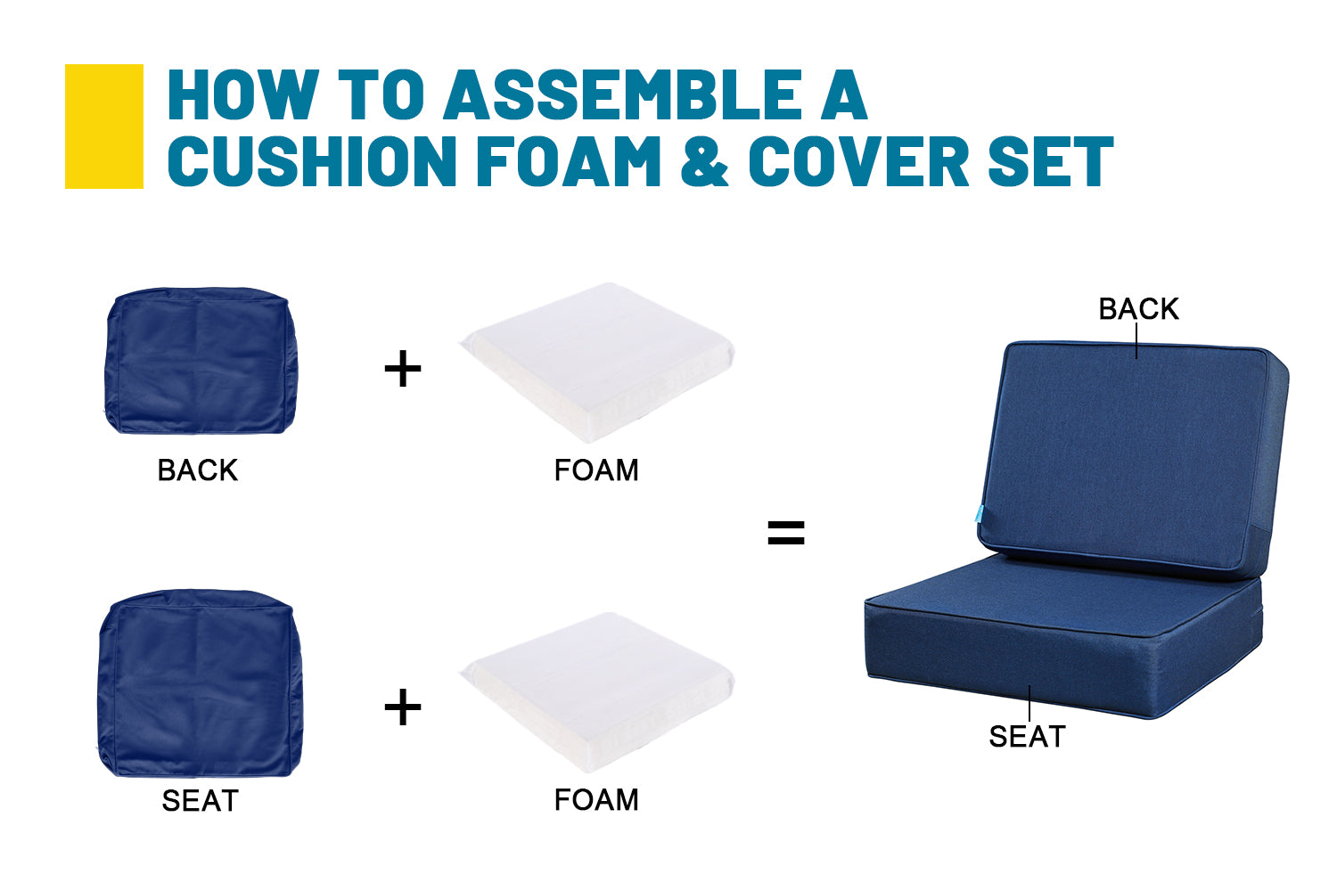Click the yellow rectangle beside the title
pyautogui.click(x=104, y=127)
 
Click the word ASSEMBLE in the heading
pyautogui.click(x=623, y=94)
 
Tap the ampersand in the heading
pyautogui.click(x=704, y=161)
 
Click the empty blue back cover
pyautogui.click(x=201, y=361)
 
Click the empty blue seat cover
pyautogui.click(x=201, y=683)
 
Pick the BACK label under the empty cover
pyautogui.click(x=198, y=470)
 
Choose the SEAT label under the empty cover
pyautogui.click(x=200, y=801)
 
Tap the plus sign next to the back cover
pyautogui.click(x=403, y=368)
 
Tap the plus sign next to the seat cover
pyautogui.click(x=403, y=707)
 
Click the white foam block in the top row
pyautogui.click(x=597, y=363)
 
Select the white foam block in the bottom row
pyautogui.click(x=597, y=692)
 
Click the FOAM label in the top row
pyautogui.click(x=596, y=470)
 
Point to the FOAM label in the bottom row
pyautogui.click(x=596, y=800)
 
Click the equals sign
pyautogui.click(x=786, y=533)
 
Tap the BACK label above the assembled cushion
pyautogui.click(x=1139, y=309)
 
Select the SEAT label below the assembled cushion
pyautogui.click(x=1027, y=737)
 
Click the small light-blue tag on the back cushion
pyautogui.click(x=980, y=513)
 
